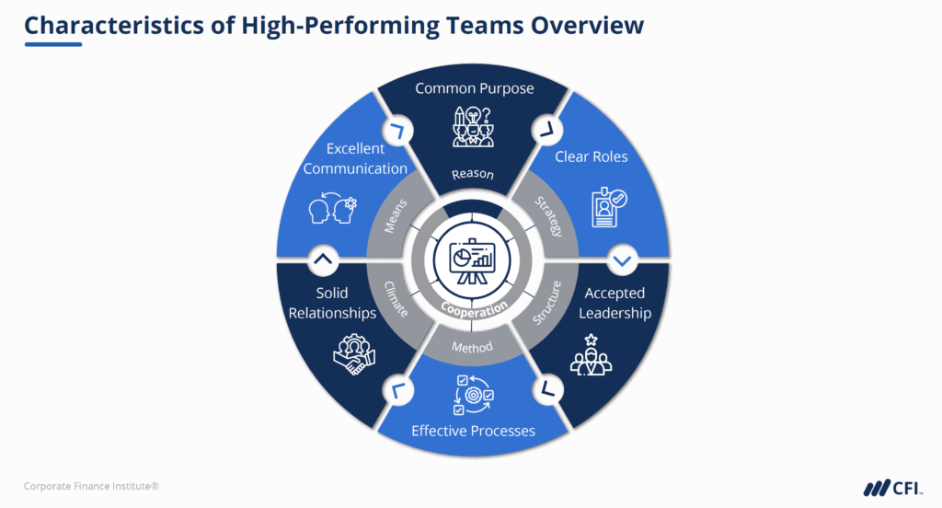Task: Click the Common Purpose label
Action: [474, 88]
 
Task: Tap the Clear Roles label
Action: [591, 156]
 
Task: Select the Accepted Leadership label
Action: [615, 303]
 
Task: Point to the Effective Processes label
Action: [473, 430]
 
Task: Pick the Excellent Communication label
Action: [355, 158]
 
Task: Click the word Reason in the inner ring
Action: [473, 174]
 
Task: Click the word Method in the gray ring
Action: [473, 347]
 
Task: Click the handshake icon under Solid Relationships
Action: [352, 353]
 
